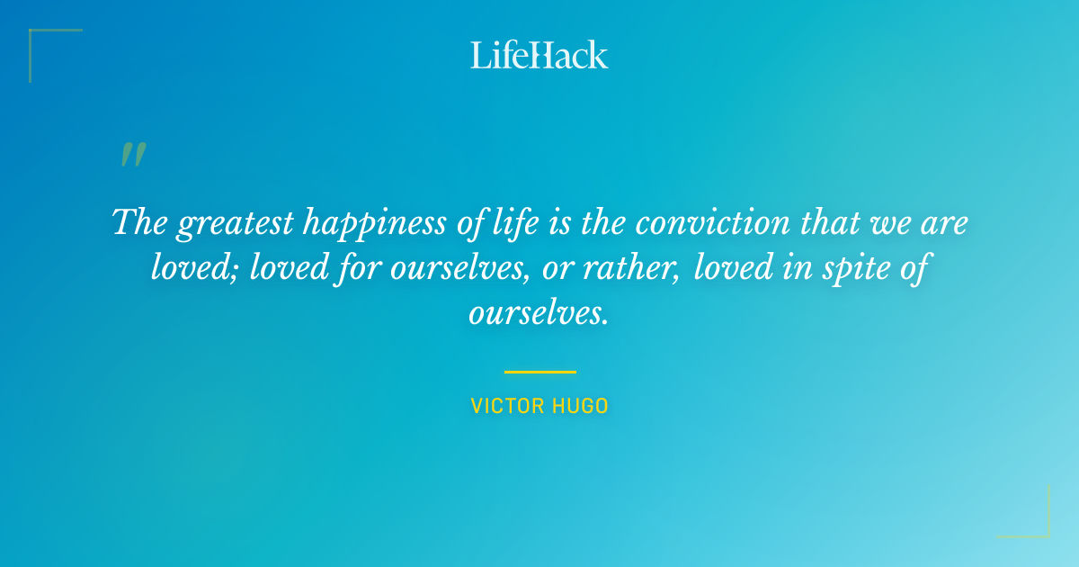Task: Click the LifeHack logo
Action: point(539,55)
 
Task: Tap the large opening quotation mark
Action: point(132,155)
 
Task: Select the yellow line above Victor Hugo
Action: point(539,372)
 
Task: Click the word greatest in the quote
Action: point(236,223)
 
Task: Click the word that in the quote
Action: point(831,221)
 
